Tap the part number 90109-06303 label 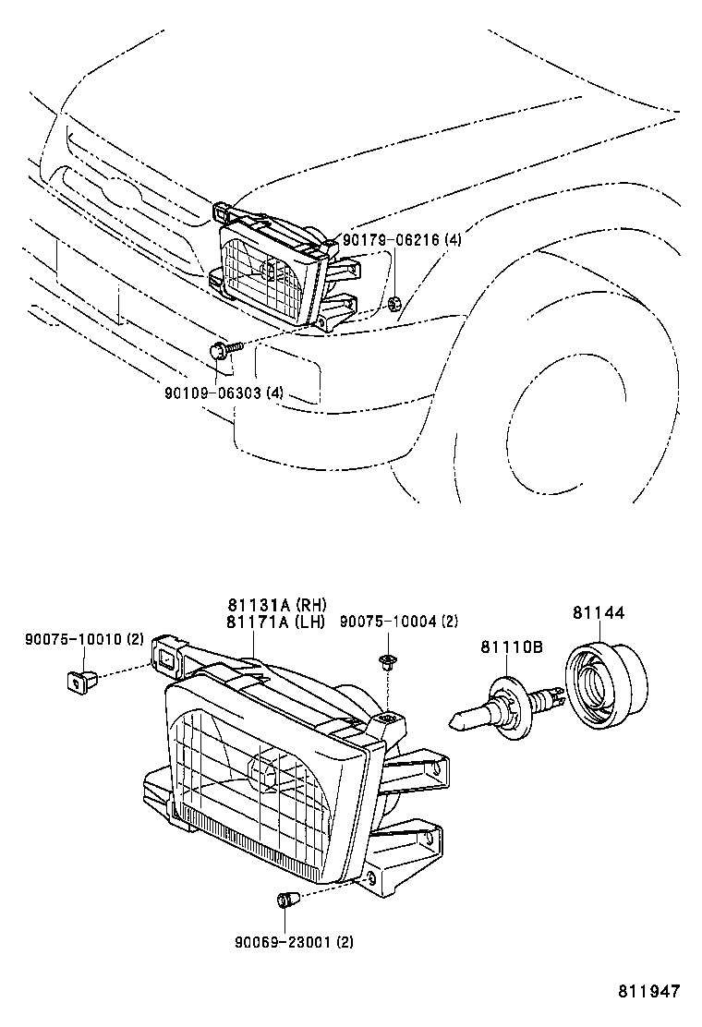click(224, 393)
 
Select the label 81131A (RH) click(276, 605)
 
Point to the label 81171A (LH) click(276, 622)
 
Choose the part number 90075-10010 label click(84, 639)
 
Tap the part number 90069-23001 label click(294, 942)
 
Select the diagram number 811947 click(648, 992)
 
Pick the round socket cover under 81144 click(605, 684)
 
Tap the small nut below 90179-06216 click(393, 302)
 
